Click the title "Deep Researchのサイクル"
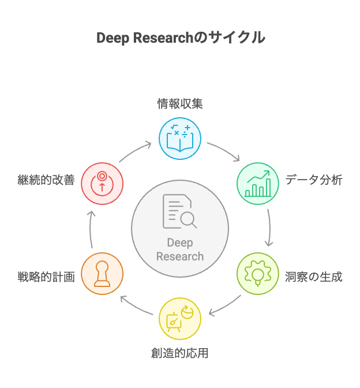(180, 38)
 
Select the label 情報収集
(180, 104)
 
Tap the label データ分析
(314, 180)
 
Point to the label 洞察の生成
(314, 277)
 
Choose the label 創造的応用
(180, 353)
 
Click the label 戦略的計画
(46, 277)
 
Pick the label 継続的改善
(46, 180)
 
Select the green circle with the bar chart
(258, 184)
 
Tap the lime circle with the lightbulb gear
(258, 273)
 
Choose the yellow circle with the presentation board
(180, 318)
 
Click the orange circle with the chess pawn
(102, 273)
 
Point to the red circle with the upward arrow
(102, 184)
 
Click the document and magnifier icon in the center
(179, 212)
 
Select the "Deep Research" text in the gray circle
(180, 249)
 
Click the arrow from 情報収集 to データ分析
(225, 150)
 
